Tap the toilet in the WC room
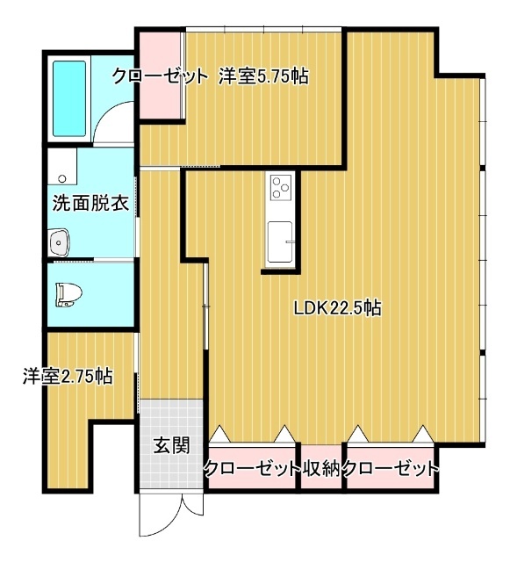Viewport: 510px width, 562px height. [x=66, y=292]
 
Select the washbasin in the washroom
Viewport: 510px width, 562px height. [x=60, y=241]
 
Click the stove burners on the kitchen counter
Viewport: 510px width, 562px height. [x=281, y=187]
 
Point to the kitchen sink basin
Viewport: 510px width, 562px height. [x=281, y=240]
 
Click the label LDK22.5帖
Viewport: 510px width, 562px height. [x=337, y=308]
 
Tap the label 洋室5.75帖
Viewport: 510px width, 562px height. [x=262, y=76]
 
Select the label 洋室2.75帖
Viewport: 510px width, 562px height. [x=68, y=377]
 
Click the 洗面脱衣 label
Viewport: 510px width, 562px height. [x=90, y=205]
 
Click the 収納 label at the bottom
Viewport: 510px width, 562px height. [x=321, y=469]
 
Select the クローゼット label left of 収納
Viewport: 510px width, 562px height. [x=251, y=469]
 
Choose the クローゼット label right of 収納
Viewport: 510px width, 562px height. [x=391, y=469]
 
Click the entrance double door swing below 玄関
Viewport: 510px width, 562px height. [x=172, y=515]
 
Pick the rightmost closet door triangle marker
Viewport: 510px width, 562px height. [x=424, y=434]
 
